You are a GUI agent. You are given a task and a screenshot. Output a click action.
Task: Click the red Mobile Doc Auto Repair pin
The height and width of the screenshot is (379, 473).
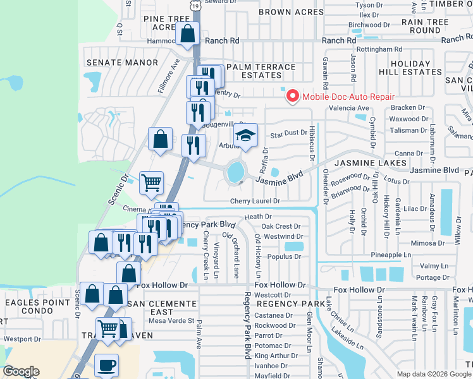click(292, 96)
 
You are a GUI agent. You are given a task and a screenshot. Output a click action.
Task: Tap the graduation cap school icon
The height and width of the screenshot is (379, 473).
click(246, 135)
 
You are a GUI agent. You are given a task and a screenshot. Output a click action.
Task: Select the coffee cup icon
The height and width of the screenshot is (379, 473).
click(106, 364)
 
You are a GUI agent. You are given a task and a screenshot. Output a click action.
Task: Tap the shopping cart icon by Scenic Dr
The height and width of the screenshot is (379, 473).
click(151, 183)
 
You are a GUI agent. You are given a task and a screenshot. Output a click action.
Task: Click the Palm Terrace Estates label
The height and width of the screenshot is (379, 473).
click(261, 71)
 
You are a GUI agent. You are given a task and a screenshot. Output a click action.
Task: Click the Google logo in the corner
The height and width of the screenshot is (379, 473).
click(21, 371)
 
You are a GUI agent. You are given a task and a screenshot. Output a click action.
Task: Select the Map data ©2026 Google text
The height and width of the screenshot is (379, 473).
click(434, 374)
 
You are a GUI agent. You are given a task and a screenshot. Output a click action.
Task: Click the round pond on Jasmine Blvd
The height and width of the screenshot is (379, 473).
click(235, 171)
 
